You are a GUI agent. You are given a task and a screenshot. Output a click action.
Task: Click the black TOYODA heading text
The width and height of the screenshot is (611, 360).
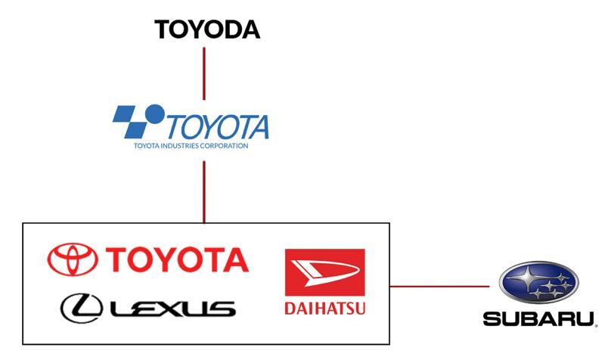point(206,29)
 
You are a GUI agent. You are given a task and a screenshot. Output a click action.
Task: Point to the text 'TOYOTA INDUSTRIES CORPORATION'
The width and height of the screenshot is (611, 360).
point(190,145)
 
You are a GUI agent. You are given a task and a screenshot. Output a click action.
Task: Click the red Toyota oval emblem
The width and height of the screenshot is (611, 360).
point(73,259)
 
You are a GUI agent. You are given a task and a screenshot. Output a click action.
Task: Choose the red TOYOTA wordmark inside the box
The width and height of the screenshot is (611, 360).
point(178,259)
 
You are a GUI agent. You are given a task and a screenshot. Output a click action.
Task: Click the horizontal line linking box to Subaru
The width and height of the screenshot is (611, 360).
point(439,286)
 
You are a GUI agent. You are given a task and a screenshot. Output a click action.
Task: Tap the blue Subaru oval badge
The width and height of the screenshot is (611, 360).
point(538,282)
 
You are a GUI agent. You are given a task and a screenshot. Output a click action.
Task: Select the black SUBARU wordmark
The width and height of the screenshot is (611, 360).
point(537,318)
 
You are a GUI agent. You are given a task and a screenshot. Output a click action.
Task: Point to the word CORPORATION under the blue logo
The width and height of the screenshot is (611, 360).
point(226,145)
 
